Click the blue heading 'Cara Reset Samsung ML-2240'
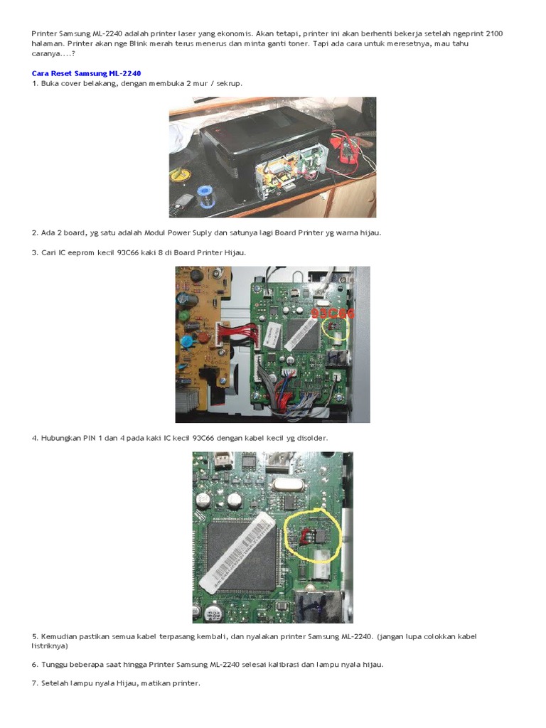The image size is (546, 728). pos(86,73)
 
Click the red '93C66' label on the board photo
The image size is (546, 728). pos(333,314)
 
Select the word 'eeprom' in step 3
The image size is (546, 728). pos(81,253)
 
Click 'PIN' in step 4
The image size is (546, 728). pos(90,438)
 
